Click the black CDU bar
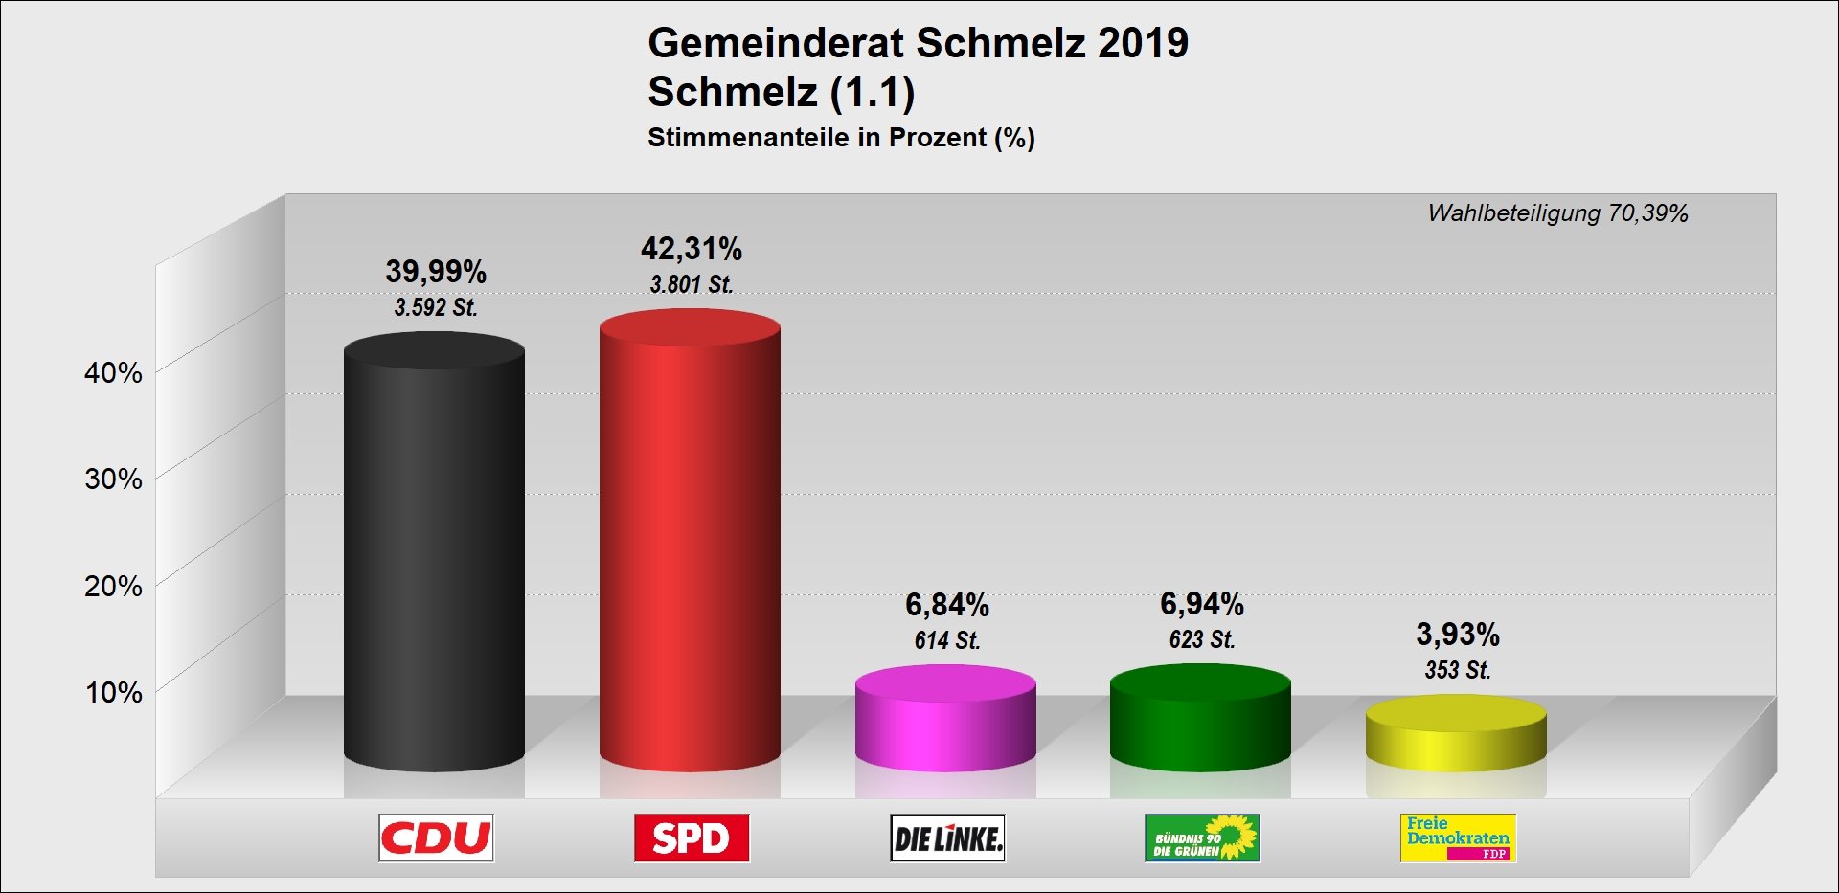click(434, 555)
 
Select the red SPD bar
click(690, 546)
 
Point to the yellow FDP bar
click(1456, 737)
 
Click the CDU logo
click(436, 838)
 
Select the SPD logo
click(692, 838)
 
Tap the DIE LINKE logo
click(947, 838)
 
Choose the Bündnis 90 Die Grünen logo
click(1202, 838)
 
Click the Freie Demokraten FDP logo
click(1458, 838)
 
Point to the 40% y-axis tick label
click(113, 372)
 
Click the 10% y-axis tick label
click(113, 692)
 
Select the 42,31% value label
click(692, 249)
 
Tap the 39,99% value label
click(436, 272)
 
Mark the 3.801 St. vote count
click(692, 284)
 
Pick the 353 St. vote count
click(1458, 670)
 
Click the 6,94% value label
click(1202, 604)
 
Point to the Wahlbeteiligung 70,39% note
click(1557, 213)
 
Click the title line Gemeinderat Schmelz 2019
click(918, 43)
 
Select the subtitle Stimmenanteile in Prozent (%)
click(841, 138)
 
